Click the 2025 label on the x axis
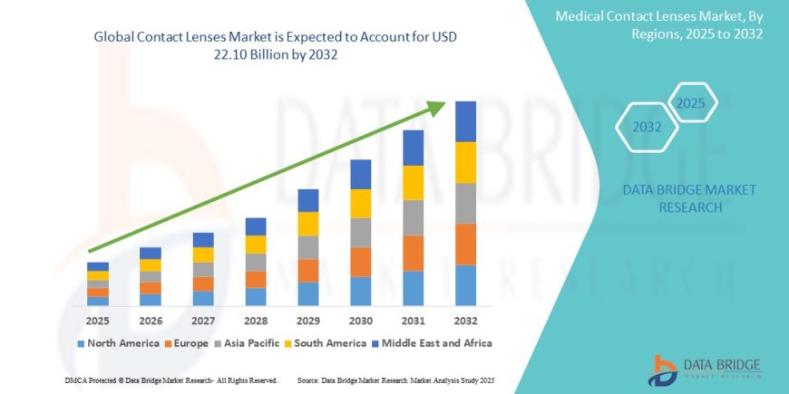pyautogui.click(x=98, y=320)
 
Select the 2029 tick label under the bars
pyautogui.click(x=307, y=320)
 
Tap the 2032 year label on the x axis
pyautogui.click(x=465, y=320)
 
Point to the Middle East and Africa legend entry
pyautogui.click(x=433, y=343)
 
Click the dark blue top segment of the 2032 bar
pyautogui.click(x=465, y=121)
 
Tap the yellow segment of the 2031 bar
pyautogui.click(x=413, y=183)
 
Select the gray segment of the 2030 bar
pyautogui.click(x=360, y=233)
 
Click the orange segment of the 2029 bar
pyautogui.click(x=307, y=271)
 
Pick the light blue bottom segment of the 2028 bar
pyautogui.click(x=256, y=297)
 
